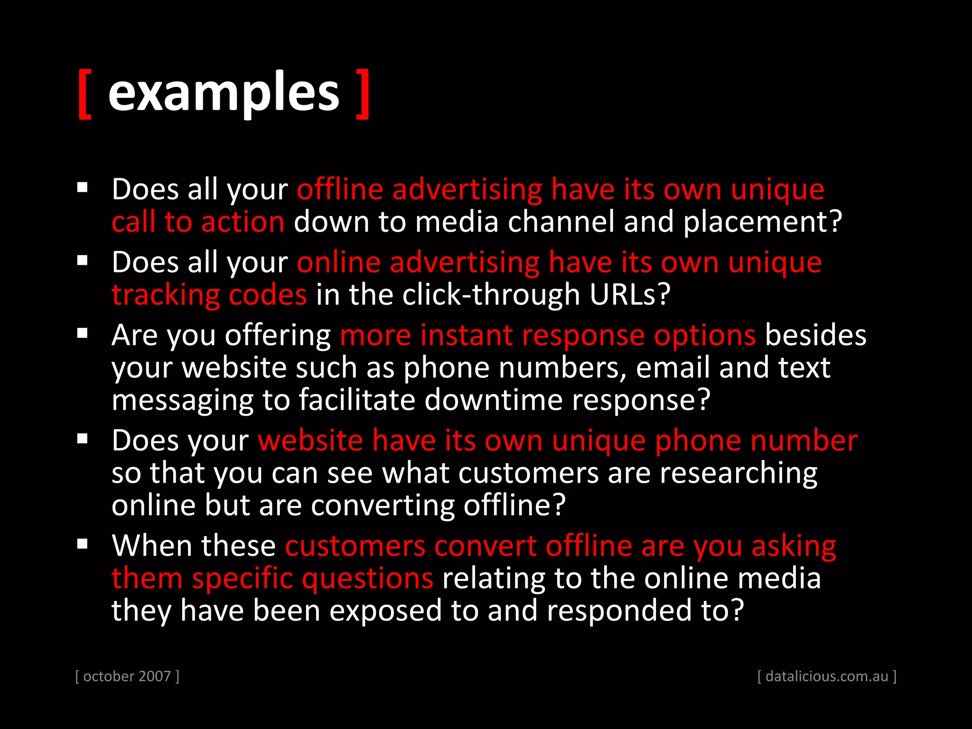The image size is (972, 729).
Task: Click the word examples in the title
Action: pos(224,92)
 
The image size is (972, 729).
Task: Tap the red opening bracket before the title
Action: pos(84,94)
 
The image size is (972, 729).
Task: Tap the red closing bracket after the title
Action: pos(363,94)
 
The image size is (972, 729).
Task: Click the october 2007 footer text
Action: pos(127,676)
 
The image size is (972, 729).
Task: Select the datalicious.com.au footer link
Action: pos(827,676)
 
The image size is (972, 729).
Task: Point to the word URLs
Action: pos(629,295)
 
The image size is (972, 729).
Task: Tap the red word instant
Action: pos(467,336)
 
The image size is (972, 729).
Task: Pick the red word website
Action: pos(310,440)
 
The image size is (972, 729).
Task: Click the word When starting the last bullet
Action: pos(151,546)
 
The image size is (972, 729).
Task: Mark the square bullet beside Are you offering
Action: pos(83,333)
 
